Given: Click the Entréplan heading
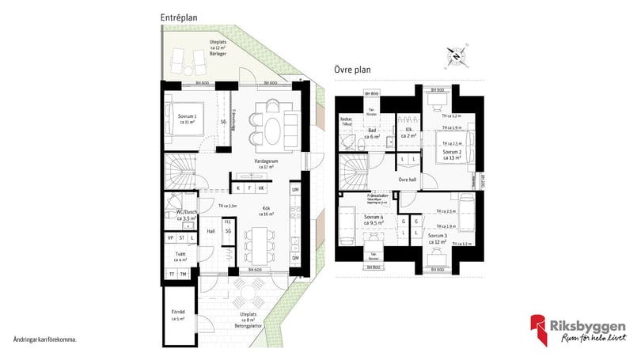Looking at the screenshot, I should coord(178,17).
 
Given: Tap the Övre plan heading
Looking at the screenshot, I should coord(353,70).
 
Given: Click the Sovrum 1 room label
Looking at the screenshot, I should coord(188,119).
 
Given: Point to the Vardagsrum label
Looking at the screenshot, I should coord(264,164).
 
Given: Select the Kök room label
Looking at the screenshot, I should coord(267,211).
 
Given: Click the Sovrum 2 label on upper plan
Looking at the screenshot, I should coord(452,154).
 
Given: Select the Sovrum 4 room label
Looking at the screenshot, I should coord(374,220).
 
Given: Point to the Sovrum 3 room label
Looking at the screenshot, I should coord(438,238).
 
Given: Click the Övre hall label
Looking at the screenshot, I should coord(408,179).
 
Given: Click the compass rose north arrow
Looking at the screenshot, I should coord(457,56).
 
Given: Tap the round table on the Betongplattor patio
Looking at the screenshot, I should coord(247,295).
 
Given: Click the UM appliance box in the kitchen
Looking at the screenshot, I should coord(295,190).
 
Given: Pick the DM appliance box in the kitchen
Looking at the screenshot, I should coord(295,258).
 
